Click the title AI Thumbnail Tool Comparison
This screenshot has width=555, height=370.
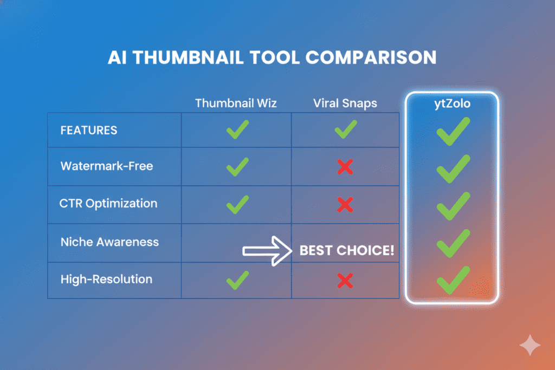click(x=272, y=58)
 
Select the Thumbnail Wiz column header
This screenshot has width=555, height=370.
click(x=236, y=103)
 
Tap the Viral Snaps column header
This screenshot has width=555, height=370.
click(x=345, y=103)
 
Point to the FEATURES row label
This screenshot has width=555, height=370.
click(x=89, y=131)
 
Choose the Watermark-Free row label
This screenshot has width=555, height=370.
click(x=107, y=166)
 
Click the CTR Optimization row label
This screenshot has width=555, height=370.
click(x=108, y=204)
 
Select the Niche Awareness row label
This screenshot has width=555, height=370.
click(x=109, y=242)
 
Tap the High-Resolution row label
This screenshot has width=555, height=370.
click(x=106, y=280)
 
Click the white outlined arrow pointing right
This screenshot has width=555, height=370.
click(x=267, y=251)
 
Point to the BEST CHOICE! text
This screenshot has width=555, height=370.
click(x=347, y=251)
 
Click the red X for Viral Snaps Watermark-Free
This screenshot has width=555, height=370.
click(x=345, y=167)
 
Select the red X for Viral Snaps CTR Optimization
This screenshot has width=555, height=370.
click(x=345, y=204)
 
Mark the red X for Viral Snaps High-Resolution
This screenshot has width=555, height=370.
click(x=345, y=280)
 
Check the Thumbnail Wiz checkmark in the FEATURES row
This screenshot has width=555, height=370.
click(x=237, y=130)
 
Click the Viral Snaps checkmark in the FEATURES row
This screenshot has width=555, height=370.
click(x=345, y=130)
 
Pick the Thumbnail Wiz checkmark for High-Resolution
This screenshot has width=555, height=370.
click(x=237, y=279)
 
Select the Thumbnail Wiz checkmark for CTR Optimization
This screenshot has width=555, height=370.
click(x=237, y=204)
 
